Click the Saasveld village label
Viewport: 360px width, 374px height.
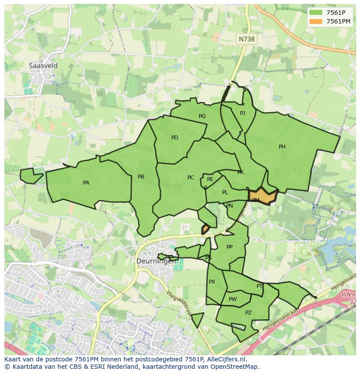pyautogui.click(x=43, y=66)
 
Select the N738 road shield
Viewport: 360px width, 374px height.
pyautogui.click(x=247, y=39)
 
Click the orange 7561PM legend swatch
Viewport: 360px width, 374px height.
pyautogui.click(x=317, y=21)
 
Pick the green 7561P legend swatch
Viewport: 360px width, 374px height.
pyautogui.click(x=317, y=13)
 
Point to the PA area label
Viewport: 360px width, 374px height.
pyautogui.click(x=86, y=183)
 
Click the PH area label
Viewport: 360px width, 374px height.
pyautogui.click(x=282, y=147)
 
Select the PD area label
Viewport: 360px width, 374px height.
pyautogui.click(x=175, y=138)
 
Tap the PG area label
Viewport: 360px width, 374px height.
pyautogui.click(x=202, y=116)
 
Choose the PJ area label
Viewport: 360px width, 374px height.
pyautogui.click(x=243, y=113)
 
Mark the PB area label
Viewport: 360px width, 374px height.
pyautogui.click(x=141, y=177)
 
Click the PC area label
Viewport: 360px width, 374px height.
pyautogui.click(x=190, y=178)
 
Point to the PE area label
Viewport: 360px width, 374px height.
pyautogui.click(x=210, y=179)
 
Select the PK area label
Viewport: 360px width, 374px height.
pyautogui.click(x=240, y=172)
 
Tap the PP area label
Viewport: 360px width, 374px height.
pyautogui.click(x=230, y=247)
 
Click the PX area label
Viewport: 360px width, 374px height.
pyautogui.click(x=212, y=282)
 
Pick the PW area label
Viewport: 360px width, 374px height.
pyautogui.click(x=233, y=299)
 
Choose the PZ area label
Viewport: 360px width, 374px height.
pyautogui.click(x=248, y=313)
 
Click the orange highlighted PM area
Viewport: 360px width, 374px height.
pyautogui.click(x=263, y=196)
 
